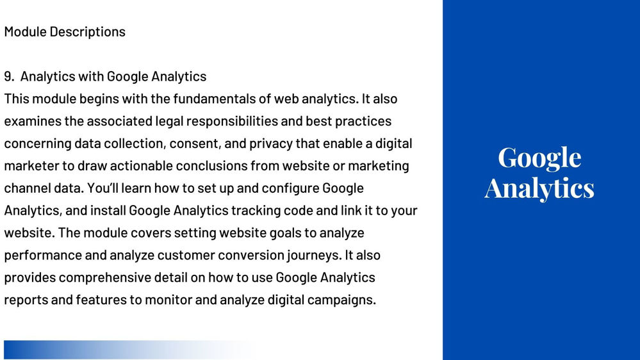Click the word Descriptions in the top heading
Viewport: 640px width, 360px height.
tap(87, 32)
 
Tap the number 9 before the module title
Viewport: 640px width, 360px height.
tap(8, 76)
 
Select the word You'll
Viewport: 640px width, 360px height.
tap(102, 188)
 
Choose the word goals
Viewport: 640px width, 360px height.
tap(287, 233)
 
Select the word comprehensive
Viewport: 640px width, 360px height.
tap(105, 278)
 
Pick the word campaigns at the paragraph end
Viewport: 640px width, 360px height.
tap(341, 300)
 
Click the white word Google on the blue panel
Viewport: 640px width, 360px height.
tap(539, 159)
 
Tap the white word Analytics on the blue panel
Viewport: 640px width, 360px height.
tap(539, 189)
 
